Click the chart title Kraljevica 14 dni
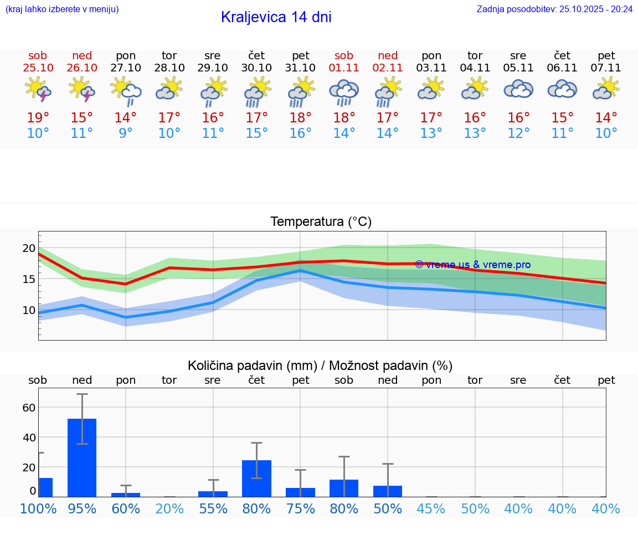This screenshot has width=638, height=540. tap(276, 17)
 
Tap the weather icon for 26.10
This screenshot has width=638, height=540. tap(81, 90)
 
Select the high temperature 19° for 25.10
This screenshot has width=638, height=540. tap(38, 118)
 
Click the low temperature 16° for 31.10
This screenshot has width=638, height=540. tap(300, 133)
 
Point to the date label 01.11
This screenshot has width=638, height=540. tap(344, 68)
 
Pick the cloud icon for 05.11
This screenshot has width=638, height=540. tap(518, 90)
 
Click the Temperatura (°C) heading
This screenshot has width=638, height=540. tap(321, 222)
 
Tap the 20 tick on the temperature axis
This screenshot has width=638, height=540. tap(29, 248)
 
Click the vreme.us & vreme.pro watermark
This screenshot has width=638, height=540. tap(472, 265)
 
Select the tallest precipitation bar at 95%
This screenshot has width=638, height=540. tap(82, 457)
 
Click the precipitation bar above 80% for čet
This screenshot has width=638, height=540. tap(257, 479)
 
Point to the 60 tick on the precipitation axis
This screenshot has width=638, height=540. tap(29, 408)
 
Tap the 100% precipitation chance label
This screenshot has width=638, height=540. tap(38, 509)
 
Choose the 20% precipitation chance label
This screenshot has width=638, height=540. tap(169, 509)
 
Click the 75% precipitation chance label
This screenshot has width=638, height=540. tap(300, 509)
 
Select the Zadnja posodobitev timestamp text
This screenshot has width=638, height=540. tap(554, 9)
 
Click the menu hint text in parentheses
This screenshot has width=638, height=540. tap(62, 9)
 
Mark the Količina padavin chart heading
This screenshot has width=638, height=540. tap(320, 366)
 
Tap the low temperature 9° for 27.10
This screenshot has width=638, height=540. tap(126, 133)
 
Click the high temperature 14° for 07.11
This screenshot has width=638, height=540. tap(606, 118)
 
